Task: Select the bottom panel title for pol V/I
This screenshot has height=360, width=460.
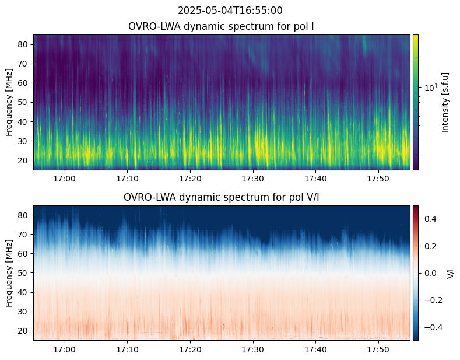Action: (222, 197)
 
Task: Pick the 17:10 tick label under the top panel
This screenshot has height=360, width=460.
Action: (127, 178)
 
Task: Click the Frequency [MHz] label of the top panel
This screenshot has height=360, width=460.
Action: (9, 102)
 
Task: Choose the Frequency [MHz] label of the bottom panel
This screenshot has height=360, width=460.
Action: (9, 272)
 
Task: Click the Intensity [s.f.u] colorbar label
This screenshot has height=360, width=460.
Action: (446, 102)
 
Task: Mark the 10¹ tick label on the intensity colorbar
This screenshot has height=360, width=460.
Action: (431, 88)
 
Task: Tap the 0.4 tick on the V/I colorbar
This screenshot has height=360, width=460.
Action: (430, 218)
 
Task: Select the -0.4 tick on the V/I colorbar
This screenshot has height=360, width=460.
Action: (431, 327)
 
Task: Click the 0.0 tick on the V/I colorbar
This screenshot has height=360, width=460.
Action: (430, 273)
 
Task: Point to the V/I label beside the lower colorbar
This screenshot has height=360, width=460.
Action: (451, 273)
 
